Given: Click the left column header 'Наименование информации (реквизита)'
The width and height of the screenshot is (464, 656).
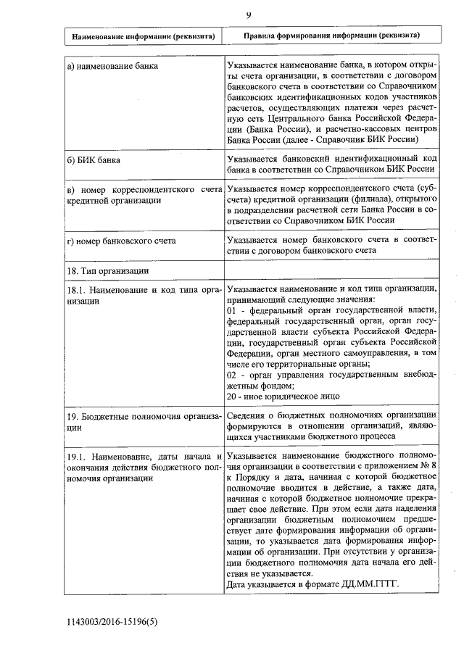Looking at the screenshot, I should click(x=142, y=36).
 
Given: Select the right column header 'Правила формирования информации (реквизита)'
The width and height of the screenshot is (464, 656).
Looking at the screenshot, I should click(x=331, y=35).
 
